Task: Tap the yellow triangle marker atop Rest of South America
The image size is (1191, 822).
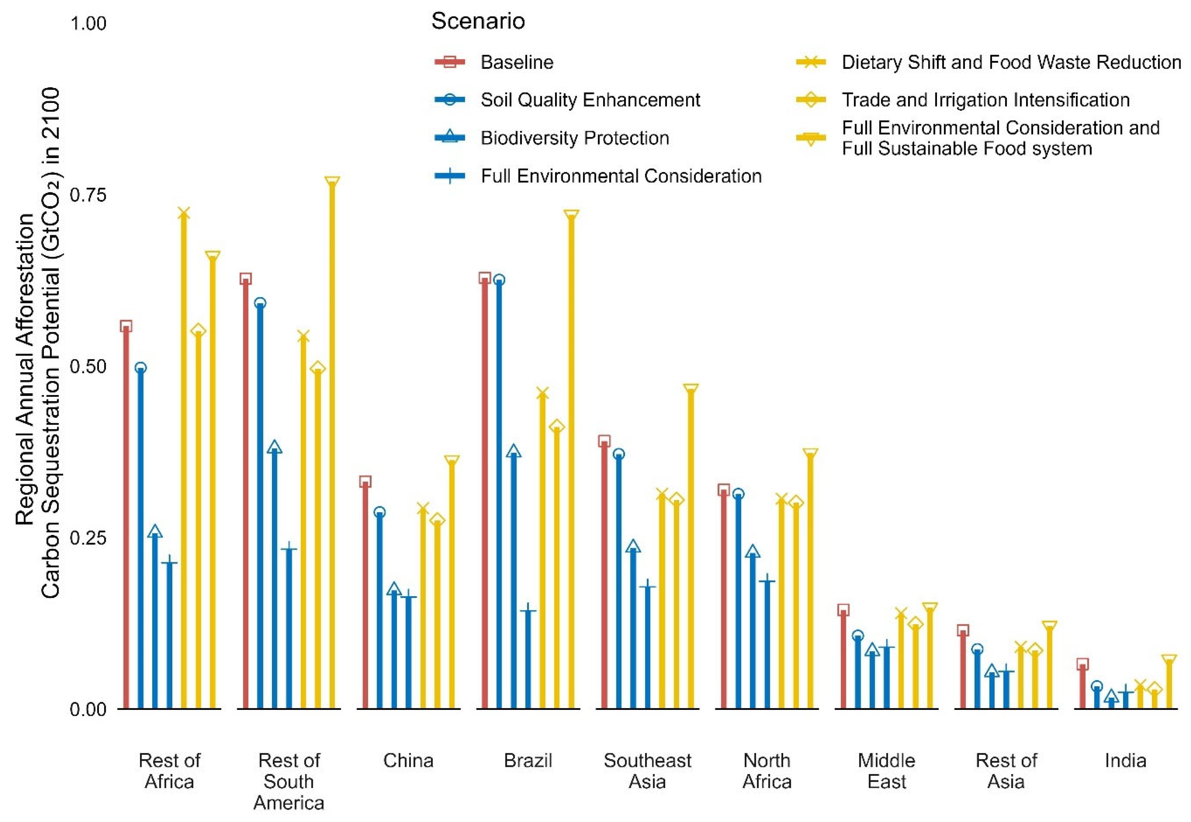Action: (x=332, y=182)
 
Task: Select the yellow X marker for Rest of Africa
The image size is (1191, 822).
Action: (x=184, y=213)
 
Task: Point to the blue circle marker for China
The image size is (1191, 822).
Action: (x=380, y=512)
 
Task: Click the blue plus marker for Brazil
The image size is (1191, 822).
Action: (x=528, y=611)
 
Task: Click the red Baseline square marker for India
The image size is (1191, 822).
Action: (x=1082, y=664)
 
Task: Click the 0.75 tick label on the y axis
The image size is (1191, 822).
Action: (x=88, y=195)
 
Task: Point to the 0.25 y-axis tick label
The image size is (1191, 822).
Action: (x=88, y=538)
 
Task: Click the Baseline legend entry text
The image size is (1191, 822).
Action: (x=517, y=62)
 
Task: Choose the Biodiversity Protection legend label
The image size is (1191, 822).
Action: (x=575, y=138)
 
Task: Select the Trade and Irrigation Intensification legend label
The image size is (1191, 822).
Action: (x=986, y=100)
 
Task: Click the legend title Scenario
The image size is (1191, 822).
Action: (x=478, y=21)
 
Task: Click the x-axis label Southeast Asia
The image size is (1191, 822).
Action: (x=647, y=771)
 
